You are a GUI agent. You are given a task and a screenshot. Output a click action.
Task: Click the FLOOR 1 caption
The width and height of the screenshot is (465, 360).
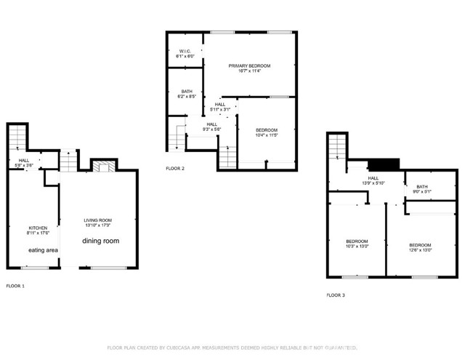click(15, 286)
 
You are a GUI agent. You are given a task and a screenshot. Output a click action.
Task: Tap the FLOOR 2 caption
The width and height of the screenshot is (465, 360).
click(175, 168)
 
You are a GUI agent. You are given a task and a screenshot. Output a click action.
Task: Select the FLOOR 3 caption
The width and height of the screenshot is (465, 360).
click(336, 295)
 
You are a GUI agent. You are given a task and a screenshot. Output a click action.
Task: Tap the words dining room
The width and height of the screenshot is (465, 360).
click(100, 241)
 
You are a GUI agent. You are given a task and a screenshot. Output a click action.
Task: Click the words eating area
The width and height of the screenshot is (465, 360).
click(43, 250)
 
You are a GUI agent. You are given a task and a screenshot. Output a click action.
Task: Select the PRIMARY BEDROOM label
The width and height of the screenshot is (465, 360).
click(249, 66)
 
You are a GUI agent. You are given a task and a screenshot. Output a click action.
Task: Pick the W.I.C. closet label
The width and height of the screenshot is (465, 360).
click(185, 51)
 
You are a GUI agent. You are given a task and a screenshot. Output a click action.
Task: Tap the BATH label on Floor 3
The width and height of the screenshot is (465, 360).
click(422, 187)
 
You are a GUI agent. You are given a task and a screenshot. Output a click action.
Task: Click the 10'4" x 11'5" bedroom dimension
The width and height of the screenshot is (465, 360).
click(267, 135)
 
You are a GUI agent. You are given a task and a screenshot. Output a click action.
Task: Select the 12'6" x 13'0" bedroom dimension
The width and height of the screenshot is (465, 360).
click(420, 249)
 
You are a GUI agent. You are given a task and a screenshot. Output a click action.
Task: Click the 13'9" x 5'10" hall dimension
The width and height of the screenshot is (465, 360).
click(373, 183)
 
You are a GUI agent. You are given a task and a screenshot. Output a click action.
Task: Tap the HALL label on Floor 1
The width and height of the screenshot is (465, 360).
click(24, 160)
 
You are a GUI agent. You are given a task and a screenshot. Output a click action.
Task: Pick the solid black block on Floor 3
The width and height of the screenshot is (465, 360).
click(384, 164)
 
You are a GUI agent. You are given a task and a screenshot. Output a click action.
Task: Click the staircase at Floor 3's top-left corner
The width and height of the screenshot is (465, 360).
click(335, 148)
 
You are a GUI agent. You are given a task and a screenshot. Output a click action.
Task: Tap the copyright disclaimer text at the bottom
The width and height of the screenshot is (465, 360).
click(232, 348)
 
